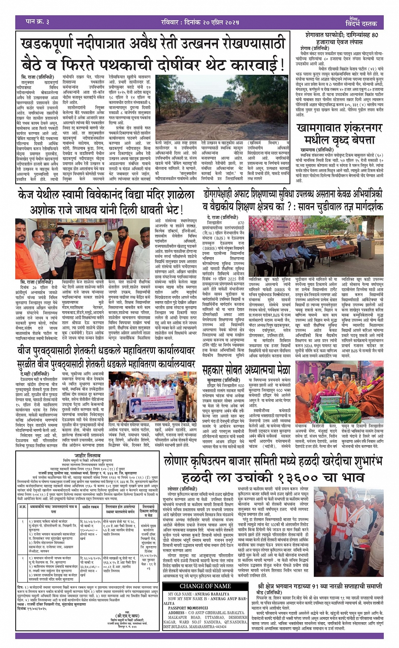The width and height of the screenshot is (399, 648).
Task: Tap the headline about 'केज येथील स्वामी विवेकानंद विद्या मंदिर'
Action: click(x=106, y=201)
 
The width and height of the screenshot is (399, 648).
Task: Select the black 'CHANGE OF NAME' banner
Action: click(x=205, y=586)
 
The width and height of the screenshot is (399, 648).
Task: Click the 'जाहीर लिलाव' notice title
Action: click(x=87, y=455)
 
